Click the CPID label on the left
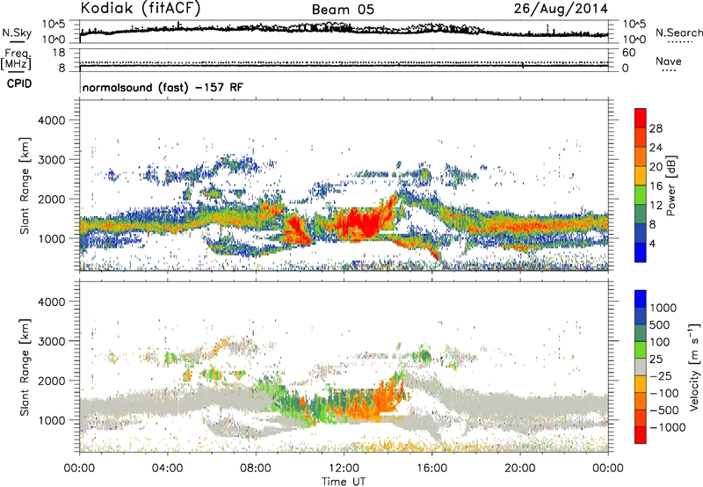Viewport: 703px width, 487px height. [19, 84]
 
